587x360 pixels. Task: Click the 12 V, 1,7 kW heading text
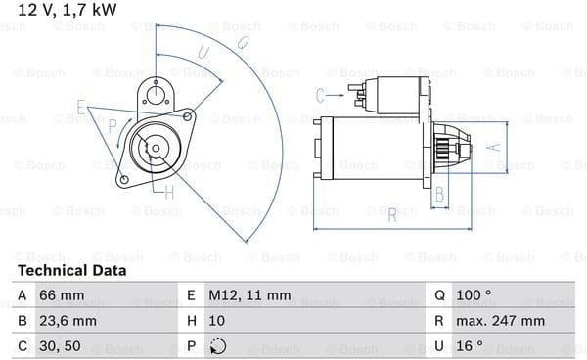pos(68,10)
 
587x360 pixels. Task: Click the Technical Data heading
pos(71,271)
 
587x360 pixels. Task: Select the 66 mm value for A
pos(62,295)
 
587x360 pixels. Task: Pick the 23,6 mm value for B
pos(68,321)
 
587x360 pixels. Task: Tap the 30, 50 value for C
pos(60,346)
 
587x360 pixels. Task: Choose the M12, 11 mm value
pos(249,295)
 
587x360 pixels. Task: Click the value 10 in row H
pos(217,321)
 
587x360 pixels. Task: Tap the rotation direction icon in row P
pos(218,346)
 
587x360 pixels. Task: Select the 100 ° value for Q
pos(474,295)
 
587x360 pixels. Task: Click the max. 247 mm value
pos(500,321)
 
